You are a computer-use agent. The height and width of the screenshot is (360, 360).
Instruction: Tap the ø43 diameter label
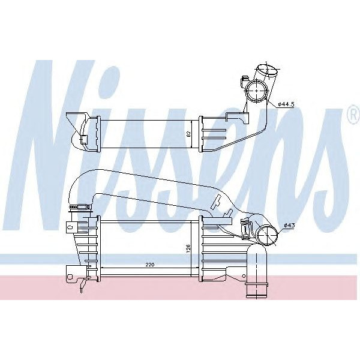click(289, 226)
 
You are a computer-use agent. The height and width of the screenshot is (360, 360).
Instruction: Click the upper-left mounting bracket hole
click(70, 227)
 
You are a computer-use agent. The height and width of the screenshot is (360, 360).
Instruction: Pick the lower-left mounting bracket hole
click(70, 276)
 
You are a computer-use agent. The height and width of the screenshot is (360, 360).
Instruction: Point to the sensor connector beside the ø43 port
click(245, 228)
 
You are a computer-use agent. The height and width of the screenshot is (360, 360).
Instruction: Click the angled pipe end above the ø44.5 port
click(267, 72)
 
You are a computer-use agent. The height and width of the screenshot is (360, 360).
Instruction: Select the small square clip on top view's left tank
click(85, 140)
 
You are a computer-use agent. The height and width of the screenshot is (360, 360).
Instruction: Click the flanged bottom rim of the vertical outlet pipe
click(256, 294)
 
